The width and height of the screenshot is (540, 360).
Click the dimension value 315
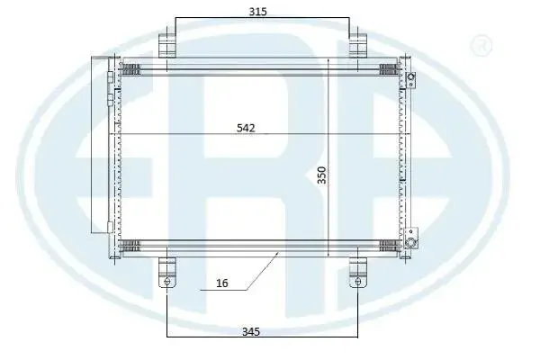pos(257,12)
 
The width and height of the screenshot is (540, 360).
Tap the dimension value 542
pos(246,128)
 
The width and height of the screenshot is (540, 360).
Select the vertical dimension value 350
pos(321,175)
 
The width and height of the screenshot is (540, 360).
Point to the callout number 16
pos(222,283)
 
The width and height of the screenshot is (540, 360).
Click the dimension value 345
pos(251,332)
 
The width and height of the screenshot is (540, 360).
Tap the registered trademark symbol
pos(481,45)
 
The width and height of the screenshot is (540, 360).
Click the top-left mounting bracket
pos(167,46)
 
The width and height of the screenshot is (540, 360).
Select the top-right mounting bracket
pos(358,46)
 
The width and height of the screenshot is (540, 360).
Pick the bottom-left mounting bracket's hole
pos(167,282)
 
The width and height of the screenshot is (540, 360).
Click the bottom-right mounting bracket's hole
pos(358,282)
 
